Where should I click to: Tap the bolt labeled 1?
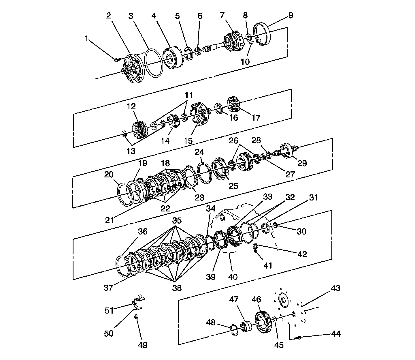coord(116,60)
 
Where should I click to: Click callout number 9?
coord(290,15)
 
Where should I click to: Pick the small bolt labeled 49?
coord(136,317)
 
